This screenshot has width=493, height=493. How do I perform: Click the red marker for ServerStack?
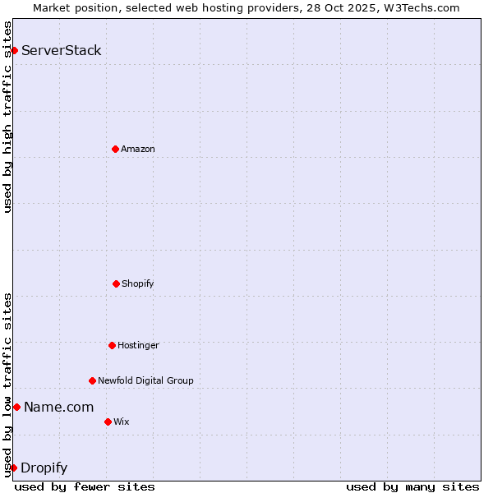14,51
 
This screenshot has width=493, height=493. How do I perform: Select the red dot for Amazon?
115,149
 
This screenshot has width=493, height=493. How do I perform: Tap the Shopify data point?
116,283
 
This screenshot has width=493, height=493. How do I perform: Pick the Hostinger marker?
112,345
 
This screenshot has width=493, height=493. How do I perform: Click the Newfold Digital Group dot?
92,380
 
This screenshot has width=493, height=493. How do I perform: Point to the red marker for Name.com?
16,407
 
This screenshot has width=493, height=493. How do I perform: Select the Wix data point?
108,422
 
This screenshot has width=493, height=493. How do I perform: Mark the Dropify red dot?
13,468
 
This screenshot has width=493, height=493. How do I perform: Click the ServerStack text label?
62,51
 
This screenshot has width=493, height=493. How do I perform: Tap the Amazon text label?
138,149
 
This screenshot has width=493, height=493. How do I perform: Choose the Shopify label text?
138,283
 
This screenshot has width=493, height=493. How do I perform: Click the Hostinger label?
138,345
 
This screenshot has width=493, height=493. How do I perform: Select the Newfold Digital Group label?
145,380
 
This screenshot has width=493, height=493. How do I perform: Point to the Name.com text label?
58,407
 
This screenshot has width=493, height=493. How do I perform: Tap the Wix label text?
122,422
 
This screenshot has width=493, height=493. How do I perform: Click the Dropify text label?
44,468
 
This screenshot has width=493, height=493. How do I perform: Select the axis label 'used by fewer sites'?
85,486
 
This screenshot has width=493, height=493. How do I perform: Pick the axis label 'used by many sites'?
412,486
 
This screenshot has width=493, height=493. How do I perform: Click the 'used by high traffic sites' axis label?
7,117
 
